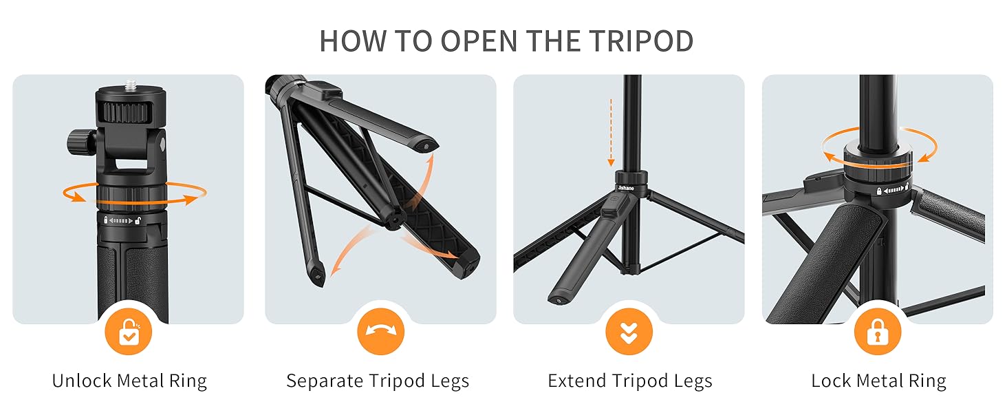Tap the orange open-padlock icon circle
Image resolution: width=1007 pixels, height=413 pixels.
click(x=129, y=332)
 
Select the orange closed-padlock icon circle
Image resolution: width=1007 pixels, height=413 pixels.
click(x=877, y=332)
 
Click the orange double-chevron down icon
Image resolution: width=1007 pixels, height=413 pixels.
click(x=629, y=332)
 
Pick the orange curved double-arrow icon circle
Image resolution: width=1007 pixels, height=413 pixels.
click(x=380, y=332)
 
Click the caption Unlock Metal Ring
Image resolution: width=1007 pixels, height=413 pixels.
click(x=129, y=381)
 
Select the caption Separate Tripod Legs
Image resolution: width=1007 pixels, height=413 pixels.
click(x=378, y=381)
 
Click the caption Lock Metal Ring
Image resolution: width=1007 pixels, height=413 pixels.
click(x=878, y=381)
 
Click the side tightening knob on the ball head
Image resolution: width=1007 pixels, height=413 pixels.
click(x=78, y=142)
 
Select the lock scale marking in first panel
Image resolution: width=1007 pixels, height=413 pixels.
click(x=123, y=221)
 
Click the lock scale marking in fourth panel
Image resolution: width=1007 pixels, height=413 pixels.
click(x=893, y=190)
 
